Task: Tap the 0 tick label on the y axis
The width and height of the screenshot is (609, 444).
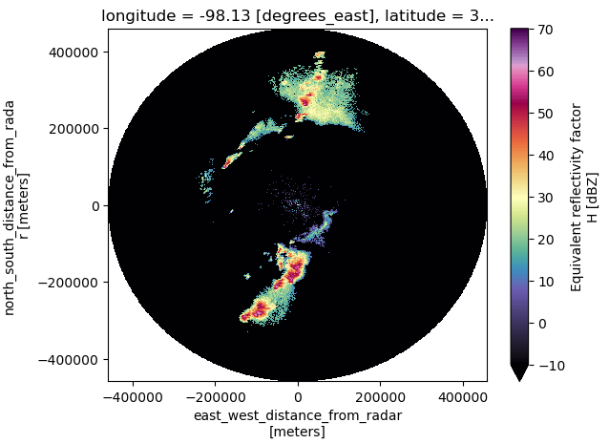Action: point(95,205)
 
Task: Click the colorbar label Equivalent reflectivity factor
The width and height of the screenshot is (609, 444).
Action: point(577,205)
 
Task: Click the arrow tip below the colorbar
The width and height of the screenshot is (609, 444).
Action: point(520,381)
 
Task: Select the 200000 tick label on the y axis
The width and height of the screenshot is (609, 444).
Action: point(74,129)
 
